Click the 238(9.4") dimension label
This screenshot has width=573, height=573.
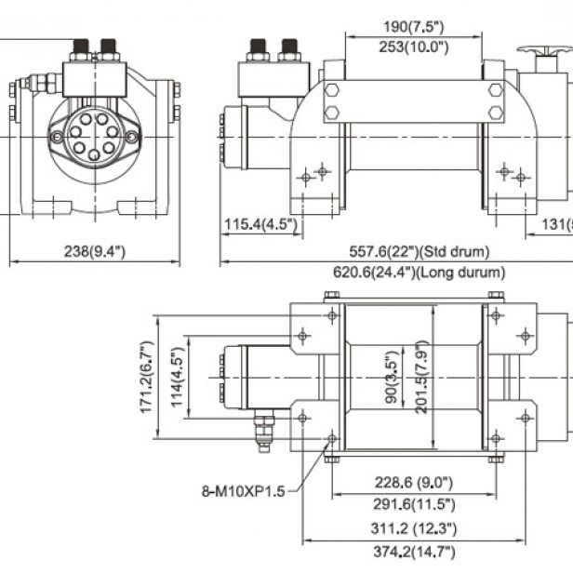90,251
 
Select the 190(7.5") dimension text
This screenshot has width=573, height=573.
413,26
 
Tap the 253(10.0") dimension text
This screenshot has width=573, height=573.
413,47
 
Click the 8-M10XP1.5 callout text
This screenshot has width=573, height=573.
246,491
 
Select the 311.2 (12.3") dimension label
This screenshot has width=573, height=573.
411,528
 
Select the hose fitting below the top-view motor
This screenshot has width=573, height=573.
264,433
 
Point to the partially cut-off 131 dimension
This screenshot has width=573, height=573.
558,224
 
